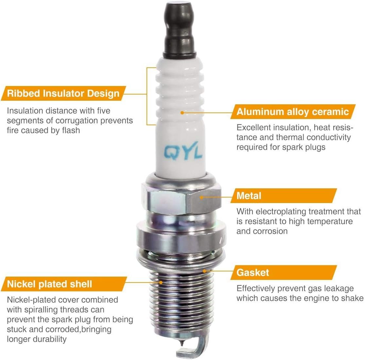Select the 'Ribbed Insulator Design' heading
(63, 93)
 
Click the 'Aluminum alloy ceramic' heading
(293, 112)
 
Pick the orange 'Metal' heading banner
(284, 196)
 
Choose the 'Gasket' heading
(252, 272)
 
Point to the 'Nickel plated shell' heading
(49, 284)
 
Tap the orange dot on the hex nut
(201, 197)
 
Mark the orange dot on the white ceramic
(182, 112)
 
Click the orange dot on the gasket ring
(204, 271)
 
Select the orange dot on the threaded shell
(161, 283)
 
